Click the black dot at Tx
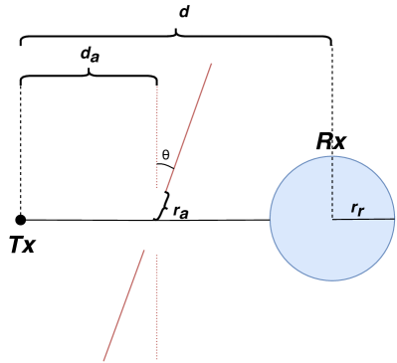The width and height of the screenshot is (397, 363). pyautogui.click(x=21, y=219)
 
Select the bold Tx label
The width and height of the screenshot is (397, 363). pyautogui.click(x=22, y=244)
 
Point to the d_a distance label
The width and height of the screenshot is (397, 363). pyautogui.click(x=89, y=58)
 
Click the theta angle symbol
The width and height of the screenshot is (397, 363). pyautogui.click(x=165, y=154)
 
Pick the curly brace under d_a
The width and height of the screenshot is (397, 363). pyautogui.click(x=89, y=78)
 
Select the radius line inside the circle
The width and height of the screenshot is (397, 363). pyautogui.click(x=363, y=219)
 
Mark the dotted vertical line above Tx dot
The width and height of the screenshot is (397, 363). pyautogui.click(x=21, y=149)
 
